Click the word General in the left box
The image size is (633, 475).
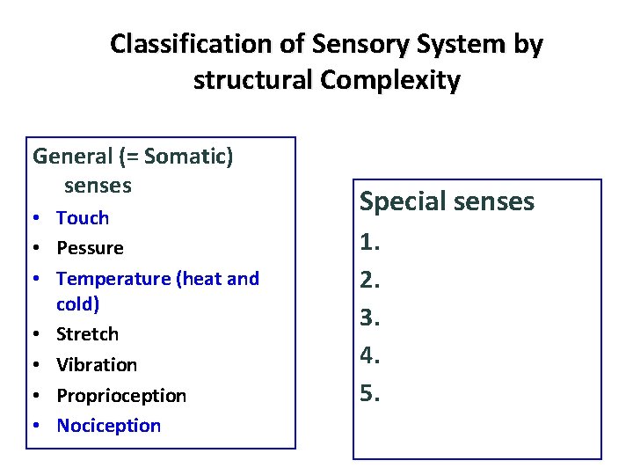[72, 157]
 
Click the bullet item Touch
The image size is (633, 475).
[83, 217]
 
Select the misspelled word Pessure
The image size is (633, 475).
[90, 248]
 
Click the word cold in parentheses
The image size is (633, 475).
[76, 303]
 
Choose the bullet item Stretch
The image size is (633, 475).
[87, 334]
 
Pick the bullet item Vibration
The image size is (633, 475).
[97, 364]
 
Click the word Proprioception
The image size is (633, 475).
[121, 396]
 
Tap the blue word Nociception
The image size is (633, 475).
[109, 426]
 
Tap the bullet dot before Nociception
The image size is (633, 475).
[39, 426]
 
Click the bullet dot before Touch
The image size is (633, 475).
[39, 218]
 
